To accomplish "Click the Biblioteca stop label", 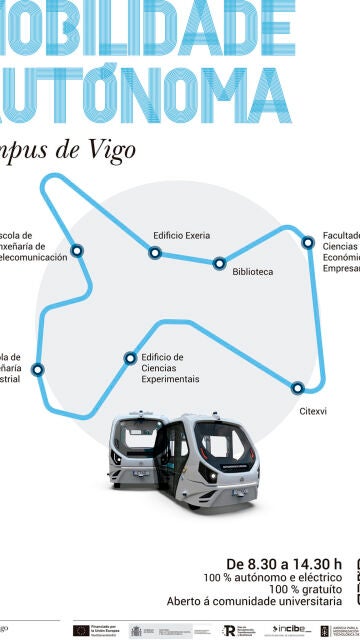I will (252, 271).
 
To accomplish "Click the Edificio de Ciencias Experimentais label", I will (170, 368).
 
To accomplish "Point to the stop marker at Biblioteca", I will (220, 264).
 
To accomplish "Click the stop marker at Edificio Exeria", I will (155, 253).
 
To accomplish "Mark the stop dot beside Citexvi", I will (297, 387).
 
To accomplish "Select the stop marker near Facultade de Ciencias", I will (308, 242).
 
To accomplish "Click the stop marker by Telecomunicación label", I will (77, 251).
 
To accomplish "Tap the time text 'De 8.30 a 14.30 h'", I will (284, 563).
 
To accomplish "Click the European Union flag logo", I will (80, 630).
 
